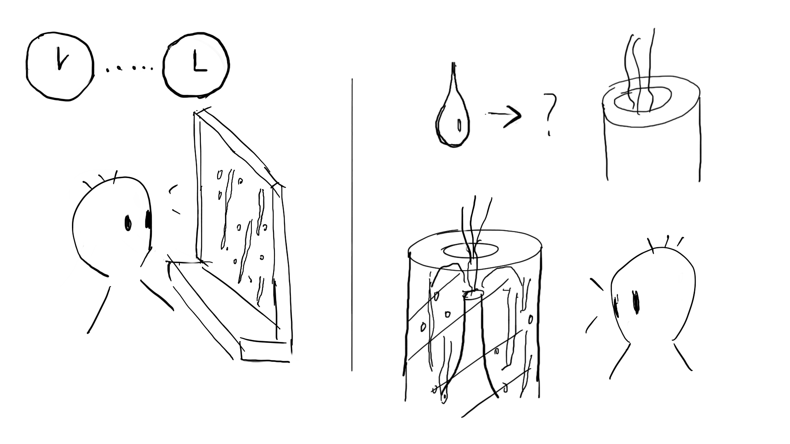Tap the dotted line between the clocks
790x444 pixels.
[x=130, y=69]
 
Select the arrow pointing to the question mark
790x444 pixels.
[x=505, y=115]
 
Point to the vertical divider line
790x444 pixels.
[x=352, y=226]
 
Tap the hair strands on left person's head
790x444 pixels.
[x=101, y=179]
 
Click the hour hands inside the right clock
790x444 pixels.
[x=199, y=64]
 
